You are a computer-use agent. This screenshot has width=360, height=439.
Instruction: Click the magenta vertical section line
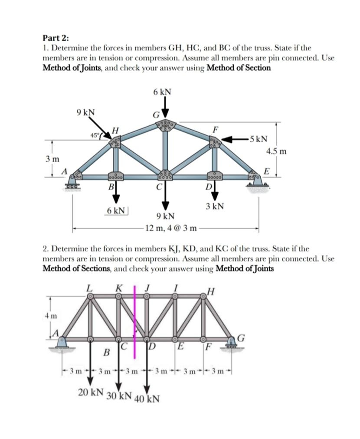point(134,321)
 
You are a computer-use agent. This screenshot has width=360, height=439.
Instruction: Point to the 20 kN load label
point(91,392)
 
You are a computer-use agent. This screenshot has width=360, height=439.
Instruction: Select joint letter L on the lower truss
point(90,287)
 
